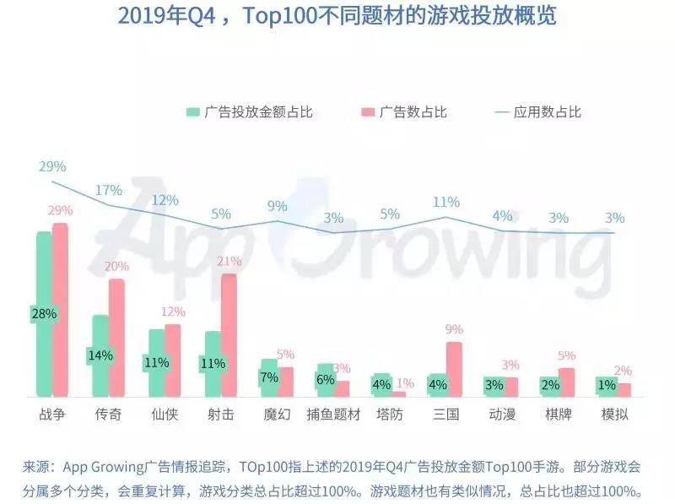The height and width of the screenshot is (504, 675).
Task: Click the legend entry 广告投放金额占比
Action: point(250,111)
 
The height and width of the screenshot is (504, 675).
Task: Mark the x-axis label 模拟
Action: point(614,415)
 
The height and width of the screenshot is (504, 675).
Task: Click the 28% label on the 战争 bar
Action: point(44,313)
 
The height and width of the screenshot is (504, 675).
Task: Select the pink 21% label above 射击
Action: point(229,261)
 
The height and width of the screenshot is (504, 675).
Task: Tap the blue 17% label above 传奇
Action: point(108,190)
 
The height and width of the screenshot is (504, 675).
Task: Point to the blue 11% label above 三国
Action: point(445,202)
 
